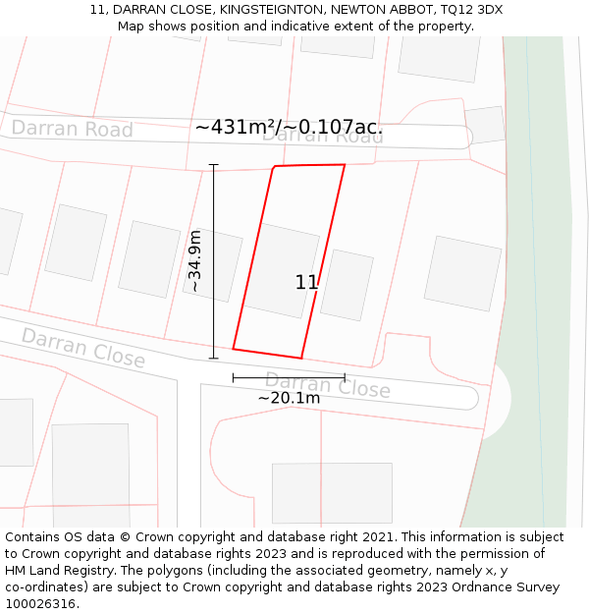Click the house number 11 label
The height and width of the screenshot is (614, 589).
click(x=306, y=283)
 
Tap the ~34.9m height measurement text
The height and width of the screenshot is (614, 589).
click(x=194, y=261)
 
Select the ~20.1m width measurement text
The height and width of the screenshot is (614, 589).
click(x=289, y=398)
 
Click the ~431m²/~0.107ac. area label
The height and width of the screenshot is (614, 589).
click(x=289, y=128)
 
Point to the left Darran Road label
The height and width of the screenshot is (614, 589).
click(x=72, y=129)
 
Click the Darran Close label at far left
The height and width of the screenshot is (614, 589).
click(x=83, y=348)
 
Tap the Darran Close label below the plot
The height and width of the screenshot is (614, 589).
click(x=327, y=385)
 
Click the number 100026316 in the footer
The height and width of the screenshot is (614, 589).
click(x=39, y=603)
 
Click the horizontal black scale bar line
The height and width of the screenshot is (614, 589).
click(x=289, y=377)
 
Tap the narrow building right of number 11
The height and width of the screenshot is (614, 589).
click(x=347, y=285)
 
